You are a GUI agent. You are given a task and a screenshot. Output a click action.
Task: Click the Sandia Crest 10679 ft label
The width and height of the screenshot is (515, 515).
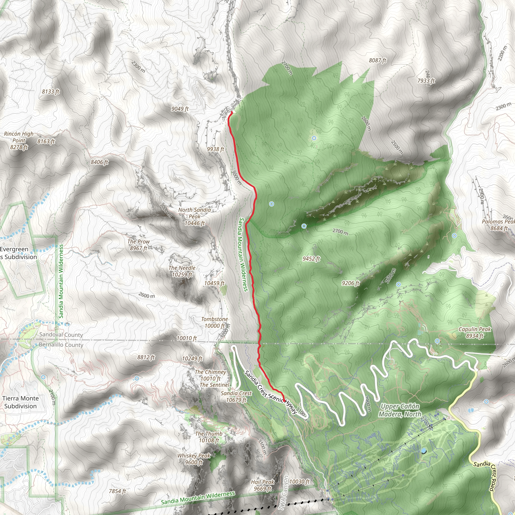pos(236,396)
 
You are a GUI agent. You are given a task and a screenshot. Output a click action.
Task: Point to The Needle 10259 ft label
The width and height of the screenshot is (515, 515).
pos(182,271)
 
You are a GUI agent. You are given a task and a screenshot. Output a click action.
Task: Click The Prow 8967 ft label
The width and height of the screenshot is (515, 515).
pos(138,245)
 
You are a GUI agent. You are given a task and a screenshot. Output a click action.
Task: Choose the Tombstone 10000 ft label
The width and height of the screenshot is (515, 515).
pos(214,322)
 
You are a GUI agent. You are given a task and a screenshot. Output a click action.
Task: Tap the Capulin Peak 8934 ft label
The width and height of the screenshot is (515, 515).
pos(475,332)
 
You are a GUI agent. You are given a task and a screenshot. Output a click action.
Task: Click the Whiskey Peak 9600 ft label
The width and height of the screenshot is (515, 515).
pos(194,459)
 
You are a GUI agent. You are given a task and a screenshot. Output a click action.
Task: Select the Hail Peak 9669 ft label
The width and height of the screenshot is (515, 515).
pos(263,485)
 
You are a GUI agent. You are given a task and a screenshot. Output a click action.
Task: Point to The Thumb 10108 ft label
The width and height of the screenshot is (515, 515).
pos(209,437)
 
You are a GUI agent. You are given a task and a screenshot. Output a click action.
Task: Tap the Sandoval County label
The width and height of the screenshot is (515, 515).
pos(61,334)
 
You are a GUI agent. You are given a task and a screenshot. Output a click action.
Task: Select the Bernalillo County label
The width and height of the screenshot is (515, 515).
pos(61,345)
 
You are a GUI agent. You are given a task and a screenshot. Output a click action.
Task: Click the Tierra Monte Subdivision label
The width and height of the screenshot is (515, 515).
pos(21,402)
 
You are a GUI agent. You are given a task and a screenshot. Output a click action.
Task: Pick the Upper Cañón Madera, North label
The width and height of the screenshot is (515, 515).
pos(400,410)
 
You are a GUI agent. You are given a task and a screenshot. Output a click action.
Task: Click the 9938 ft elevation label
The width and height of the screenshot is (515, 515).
pos(216,149)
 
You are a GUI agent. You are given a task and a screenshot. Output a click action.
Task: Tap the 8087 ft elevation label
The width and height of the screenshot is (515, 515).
pos(377,61)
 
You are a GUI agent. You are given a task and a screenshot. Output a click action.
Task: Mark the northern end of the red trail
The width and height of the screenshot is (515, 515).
pos(231,112)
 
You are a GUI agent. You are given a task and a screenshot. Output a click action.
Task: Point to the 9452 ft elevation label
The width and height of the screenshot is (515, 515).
pos(311,259)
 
